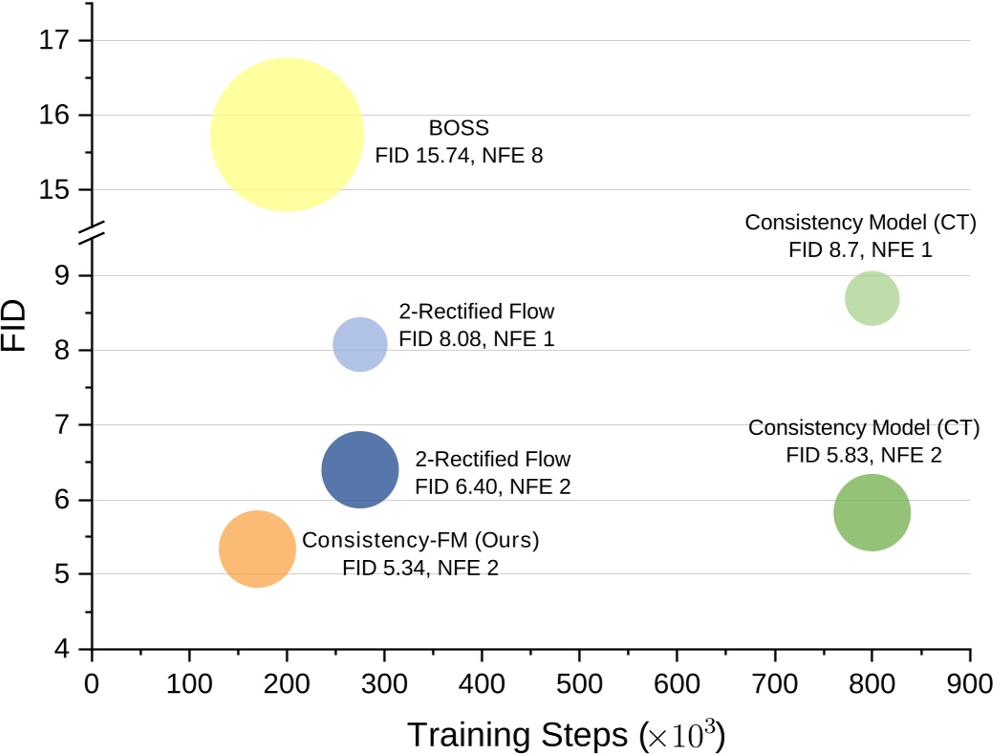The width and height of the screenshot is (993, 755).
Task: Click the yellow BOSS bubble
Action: pyautogui.click(x=287, y=135)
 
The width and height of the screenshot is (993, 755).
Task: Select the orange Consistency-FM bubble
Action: pyautogui.click(x=257, y=549)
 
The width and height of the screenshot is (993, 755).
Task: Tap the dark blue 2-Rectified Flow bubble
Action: pyautogui.click(x=359, y=469)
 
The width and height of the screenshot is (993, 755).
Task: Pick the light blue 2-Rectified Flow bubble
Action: pyautogui.click(x=360, y=344)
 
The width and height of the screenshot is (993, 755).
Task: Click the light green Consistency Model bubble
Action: pyautogui.click(x=872, y=298)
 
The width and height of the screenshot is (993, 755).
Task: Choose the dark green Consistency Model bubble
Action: pyautogui.click(x=872, y=512)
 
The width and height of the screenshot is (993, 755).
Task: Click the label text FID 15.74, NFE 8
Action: pyautogui.click(x=459, y=155)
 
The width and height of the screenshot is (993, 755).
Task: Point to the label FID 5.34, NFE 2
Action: pyautogui.click(x=421, y=568)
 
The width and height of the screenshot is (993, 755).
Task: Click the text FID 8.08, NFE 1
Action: pyautogui.click(x=476, y=338)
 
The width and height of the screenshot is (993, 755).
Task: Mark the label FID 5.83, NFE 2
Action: pyautogui.click(x=864, y=454)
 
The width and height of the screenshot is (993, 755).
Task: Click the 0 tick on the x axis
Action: pyautogui.click(x=92, y=684)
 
